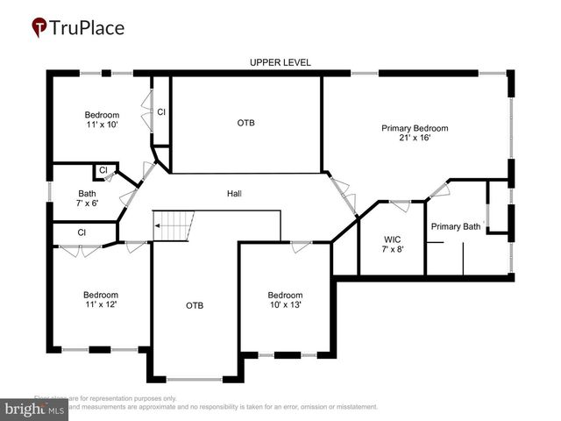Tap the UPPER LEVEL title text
point(280,62)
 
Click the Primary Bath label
point(455,226)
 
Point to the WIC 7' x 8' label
point(392,243)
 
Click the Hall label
point(234,194)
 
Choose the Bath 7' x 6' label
point(88,197)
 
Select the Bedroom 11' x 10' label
point(101,119)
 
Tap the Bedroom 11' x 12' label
point(100,299)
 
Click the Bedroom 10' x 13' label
point(285,299)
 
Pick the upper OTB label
point(246,123)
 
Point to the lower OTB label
point(195,305)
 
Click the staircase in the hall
point(173,225)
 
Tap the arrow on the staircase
point(159,225)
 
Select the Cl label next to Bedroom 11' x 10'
point(161,111)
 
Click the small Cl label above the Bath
point(103,169)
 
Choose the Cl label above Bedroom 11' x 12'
point(82,232)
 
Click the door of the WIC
point(400,206)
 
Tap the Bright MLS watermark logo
point(35,409)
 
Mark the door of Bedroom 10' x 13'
point(301,245)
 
